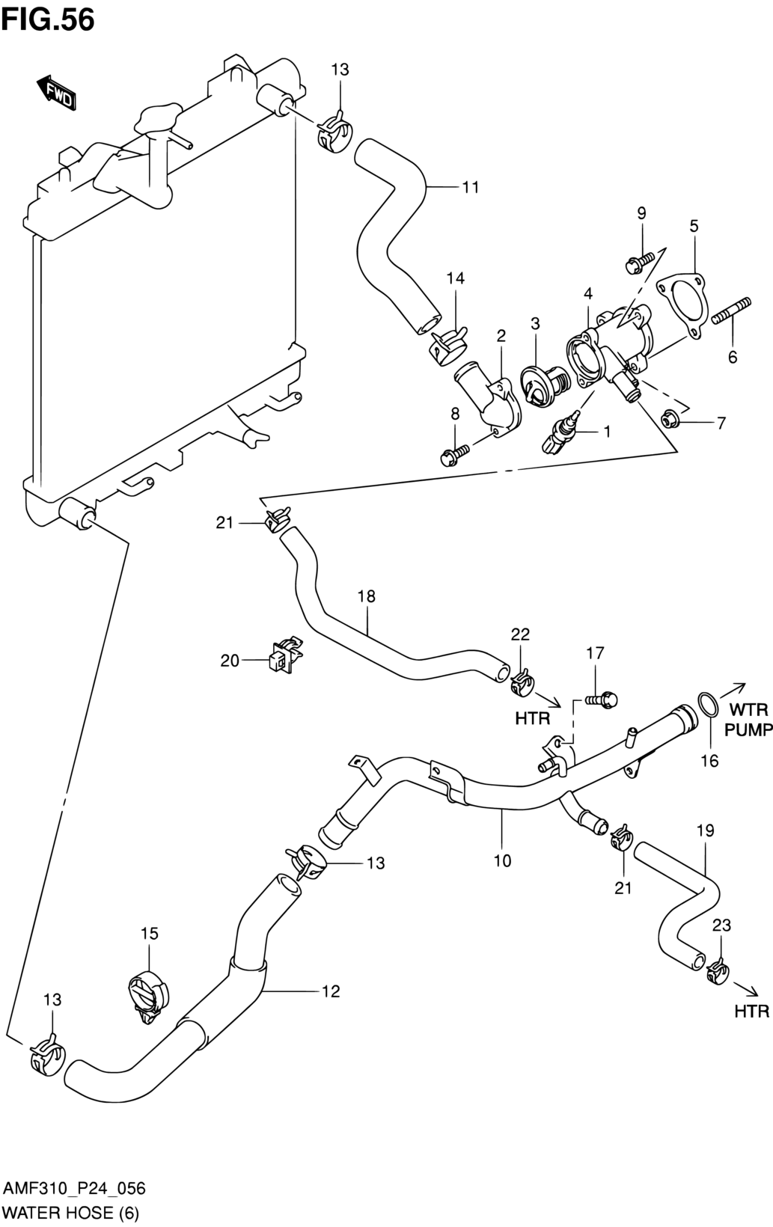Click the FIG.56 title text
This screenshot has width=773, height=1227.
point(48,20)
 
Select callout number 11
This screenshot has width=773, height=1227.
point(470,187)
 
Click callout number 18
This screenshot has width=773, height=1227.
point(367,596)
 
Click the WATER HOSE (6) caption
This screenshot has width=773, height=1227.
point(71,1211)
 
